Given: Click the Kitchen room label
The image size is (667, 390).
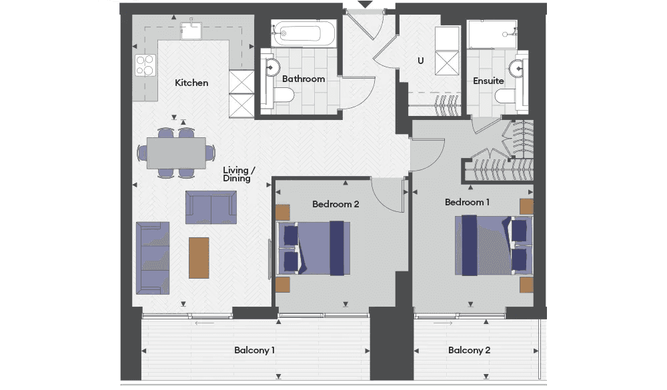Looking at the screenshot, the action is tap(191, 83).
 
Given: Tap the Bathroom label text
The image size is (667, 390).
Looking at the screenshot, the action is tap(303, 79).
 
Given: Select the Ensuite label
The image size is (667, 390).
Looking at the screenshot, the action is tap(488, 81).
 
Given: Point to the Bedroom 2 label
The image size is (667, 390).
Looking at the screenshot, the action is tap(336, 204).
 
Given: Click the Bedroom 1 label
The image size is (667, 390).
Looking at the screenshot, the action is tap(467, 202).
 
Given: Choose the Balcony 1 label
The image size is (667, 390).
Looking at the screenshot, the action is tap(254, 350).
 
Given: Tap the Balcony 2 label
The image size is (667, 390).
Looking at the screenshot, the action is tap(469, 350).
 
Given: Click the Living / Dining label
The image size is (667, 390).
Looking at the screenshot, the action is tap(239, 174).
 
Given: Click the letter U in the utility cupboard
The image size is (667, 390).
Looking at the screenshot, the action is tap(420, 61).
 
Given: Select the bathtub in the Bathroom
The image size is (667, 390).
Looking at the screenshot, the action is tap(303, 33).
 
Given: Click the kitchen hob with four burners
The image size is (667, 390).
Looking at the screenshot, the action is tap(145, 65).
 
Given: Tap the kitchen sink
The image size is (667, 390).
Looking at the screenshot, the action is tap(191, 31).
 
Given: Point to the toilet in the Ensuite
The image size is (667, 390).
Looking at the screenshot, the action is tap(506, 95).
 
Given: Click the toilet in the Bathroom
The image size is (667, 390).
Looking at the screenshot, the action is tap(283, 95).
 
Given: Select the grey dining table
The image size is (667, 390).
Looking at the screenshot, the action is tap(177, 153).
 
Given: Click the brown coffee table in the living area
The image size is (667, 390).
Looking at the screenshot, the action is tap(199, 258).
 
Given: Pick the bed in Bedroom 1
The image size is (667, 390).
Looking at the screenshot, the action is tap(494, 245).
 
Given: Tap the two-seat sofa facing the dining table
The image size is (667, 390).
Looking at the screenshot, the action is tap(211, 207).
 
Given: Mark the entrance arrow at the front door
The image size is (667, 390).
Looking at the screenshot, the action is tap(365, 4).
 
